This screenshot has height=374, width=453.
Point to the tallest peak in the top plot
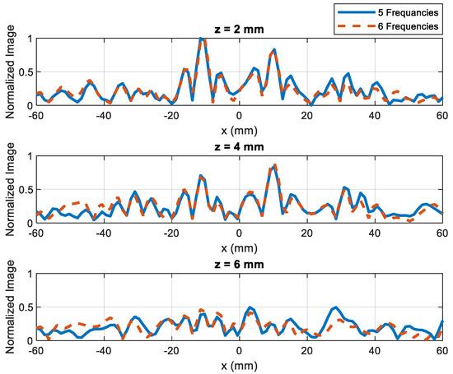point(202,39)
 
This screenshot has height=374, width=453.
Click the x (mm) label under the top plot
point(239,128)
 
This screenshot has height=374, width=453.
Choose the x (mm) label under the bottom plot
point(239,364)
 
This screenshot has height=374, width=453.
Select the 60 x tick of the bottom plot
point(442,351)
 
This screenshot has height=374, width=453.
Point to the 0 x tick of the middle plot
point(239,233)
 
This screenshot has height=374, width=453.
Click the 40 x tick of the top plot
point(375,115)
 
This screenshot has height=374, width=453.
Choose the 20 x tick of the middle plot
point(307,233)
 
